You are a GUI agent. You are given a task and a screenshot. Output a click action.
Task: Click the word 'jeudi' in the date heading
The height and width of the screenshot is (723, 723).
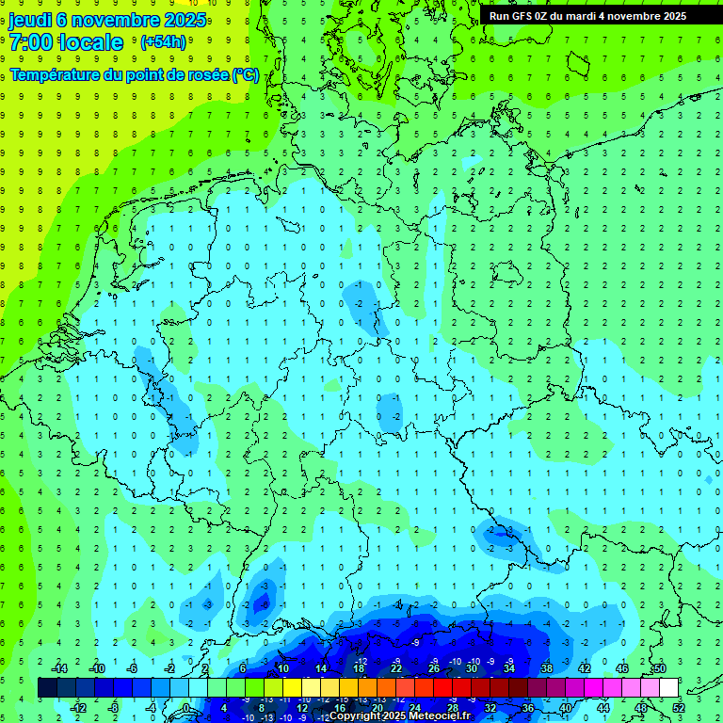pos(29,20)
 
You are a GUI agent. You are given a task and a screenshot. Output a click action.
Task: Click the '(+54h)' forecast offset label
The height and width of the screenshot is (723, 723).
pos(163,42)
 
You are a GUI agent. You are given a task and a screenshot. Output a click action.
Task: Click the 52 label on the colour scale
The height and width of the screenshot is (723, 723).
pos(678,708)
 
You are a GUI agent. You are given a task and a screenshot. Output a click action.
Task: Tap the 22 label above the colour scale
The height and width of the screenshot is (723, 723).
pos(396,668)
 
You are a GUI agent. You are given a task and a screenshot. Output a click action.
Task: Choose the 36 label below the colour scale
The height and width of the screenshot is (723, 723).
pos(528,708)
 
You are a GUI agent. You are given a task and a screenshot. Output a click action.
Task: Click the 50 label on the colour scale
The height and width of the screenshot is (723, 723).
pos(659,668)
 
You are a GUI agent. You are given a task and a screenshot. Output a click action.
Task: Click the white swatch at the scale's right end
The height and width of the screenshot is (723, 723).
pos(668,688)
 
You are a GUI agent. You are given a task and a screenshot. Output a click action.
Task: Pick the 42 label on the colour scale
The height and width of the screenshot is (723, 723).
pos(585,668)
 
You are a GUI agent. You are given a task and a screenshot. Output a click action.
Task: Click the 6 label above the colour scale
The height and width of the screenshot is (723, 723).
pos(243,668)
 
